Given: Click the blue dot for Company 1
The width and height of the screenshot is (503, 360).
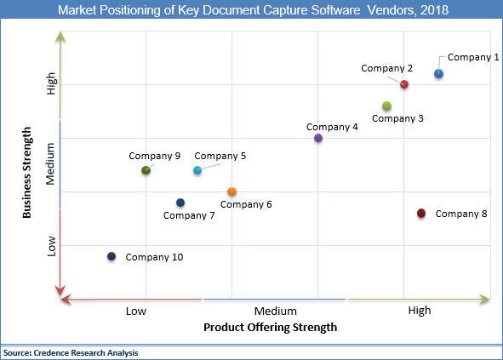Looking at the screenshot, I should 438,74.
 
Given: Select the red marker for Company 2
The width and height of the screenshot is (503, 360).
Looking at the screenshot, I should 404,84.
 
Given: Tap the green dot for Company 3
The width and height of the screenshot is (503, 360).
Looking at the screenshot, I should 386,106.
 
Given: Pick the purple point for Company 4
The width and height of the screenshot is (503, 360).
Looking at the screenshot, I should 318,138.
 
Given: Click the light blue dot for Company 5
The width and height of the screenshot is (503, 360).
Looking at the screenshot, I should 197,170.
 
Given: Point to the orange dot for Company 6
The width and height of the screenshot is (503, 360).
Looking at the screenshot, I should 231,191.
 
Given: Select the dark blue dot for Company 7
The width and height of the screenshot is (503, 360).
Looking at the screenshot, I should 180,203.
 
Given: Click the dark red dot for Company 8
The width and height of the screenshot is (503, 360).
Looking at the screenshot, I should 421,213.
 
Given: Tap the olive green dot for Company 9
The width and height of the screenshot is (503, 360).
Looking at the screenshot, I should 146,170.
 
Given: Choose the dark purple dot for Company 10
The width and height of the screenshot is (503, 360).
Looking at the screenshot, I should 111,256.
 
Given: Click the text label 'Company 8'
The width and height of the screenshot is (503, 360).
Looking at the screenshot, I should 460,214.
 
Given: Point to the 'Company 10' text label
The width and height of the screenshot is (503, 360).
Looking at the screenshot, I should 154,256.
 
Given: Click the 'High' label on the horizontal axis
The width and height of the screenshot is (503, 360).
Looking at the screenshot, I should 420,311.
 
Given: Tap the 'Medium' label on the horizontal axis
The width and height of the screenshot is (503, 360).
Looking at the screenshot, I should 275,311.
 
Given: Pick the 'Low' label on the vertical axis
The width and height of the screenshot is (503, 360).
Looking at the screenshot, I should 52,246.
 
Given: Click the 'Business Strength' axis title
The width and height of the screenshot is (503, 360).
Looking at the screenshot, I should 27,173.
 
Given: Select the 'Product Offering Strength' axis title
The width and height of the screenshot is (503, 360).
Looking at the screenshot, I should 271,327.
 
